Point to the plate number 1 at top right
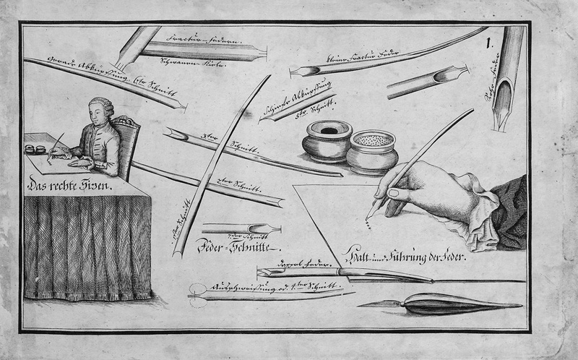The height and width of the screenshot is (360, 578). coord(491,43)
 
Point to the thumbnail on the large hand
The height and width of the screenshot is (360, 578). coord(394,194)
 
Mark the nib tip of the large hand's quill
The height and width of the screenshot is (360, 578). coord(368,217)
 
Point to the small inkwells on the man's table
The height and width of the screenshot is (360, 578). coord(33,149)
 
